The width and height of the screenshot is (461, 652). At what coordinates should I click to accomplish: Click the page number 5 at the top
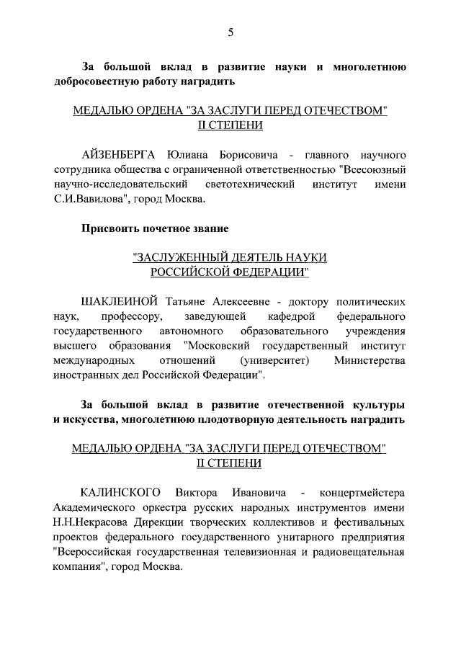click(230, 32)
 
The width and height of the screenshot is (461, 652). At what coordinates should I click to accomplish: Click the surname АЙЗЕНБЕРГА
click(121, 155)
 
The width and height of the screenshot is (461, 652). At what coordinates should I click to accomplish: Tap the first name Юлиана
click(192, 155)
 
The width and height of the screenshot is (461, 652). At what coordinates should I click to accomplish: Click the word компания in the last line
click(81, 566)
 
